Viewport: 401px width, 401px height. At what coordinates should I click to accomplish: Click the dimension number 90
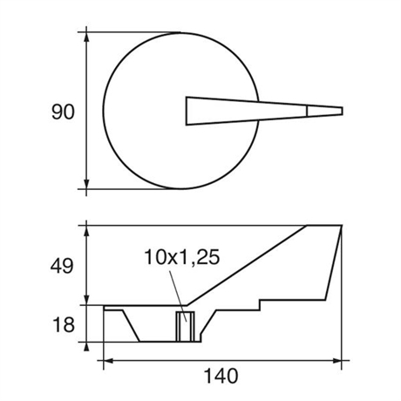(x=63, y=112)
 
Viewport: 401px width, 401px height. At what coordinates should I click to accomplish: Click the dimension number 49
(x=62, y=266)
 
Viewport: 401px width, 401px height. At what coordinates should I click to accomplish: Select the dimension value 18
(x=64, y=324)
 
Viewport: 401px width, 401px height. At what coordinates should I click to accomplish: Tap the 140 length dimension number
(x=221, y=376)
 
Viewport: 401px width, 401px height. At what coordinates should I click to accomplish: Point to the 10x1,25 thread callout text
(x=182, y=257)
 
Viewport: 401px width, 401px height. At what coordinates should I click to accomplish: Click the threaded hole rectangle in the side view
(x=186, y=327)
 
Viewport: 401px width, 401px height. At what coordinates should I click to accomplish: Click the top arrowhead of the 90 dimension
(x=86, y=37)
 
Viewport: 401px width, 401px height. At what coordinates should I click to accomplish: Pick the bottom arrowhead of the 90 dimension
(x=86, y=184)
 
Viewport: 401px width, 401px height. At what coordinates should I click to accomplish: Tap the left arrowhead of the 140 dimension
(x=109, y=361)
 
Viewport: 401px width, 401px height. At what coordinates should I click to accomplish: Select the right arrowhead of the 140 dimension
(x=336, y=361)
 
